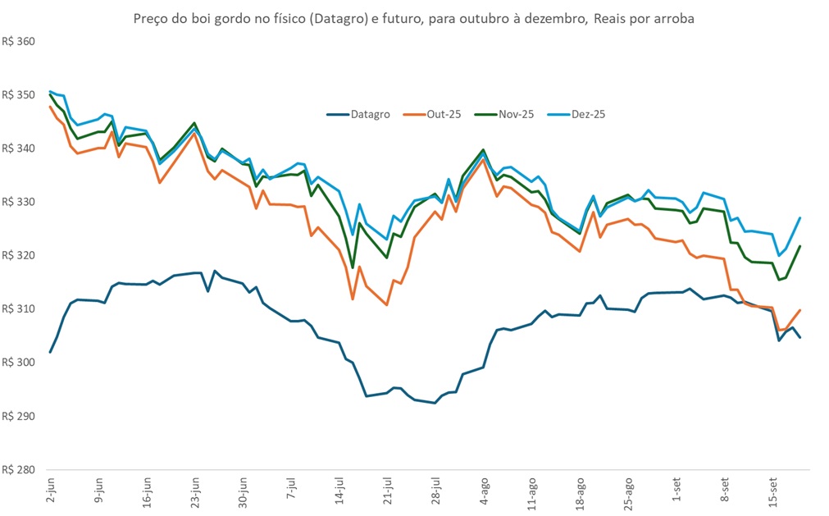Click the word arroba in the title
673,19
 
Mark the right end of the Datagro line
799,337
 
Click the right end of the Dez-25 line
799,217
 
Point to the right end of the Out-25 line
799,310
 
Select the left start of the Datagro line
51,352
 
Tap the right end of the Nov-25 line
799,246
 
